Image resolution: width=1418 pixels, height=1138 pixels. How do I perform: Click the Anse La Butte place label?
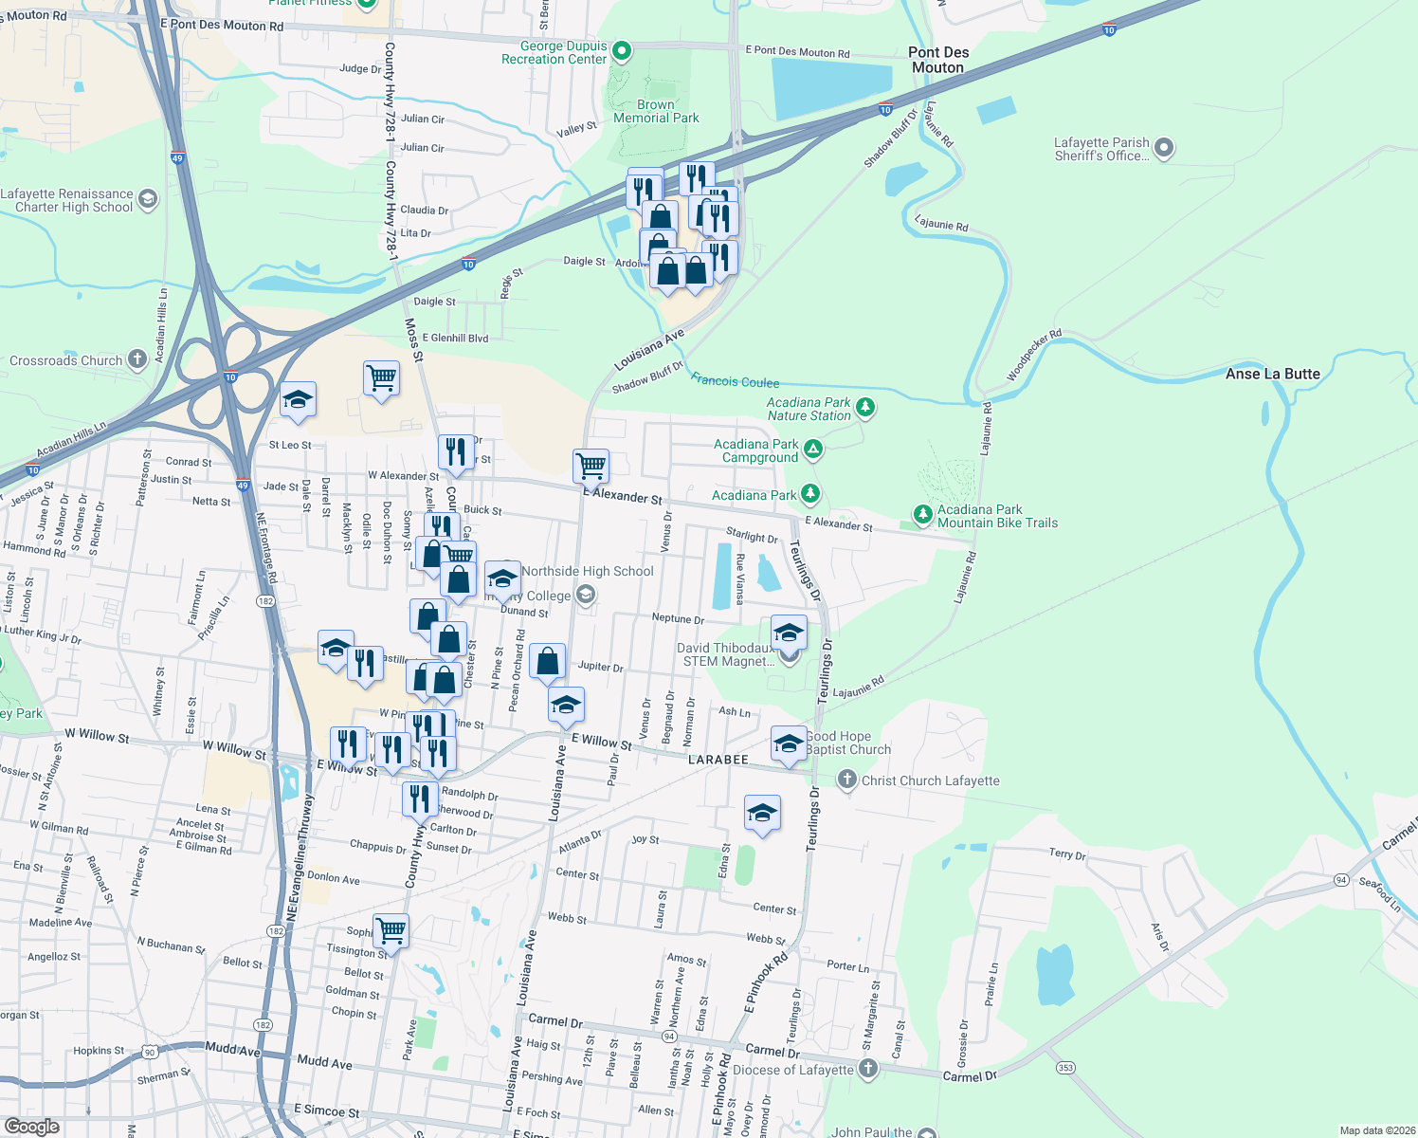point(1272,374)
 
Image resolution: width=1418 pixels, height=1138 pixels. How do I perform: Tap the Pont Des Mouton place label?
point(937,60)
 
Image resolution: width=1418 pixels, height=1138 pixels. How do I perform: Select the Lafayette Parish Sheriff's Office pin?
point(1165,148)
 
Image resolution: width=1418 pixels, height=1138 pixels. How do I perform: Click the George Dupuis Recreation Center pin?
point(622,50)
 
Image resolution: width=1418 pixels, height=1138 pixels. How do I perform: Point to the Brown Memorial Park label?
point(656,112)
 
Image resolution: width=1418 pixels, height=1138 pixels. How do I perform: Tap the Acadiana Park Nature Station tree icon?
point(864,408)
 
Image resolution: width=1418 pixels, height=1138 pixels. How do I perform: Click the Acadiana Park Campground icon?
point(812,450)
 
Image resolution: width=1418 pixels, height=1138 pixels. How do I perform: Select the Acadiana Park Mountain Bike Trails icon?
point(922,514)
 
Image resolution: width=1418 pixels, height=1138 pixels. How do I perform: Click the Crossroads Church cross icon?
point(137,358)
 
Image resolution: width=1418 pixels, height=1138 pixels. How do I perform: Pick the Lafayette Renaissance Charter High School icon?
point(147,198)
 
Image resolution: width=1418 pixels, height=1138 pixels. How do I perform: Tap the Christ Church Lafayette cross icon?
point(846,780)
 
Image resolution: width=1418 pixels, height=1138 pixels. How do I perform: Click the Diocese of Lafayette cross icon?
point(867,1069)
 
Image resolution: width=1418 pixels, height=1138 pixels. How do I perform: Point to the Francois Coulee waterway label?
point(735,381)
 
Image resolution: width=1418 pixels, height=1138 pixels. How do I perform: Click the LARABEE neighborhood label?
point(718,760)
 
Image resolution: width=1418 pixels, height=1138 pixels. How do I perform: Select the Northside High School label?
point(587,571)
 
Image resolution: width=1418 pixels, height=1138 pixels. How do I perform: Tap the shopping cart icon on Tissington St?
point(391,930)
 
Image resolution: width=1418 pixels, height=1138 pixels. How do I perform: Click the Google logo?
point(31,1127)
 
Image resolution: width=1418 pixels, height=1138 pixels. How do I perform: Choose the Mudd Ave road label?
point(324,1062)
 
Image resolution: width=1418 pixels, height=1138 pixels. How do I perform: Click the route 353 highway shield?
point(1066,1068)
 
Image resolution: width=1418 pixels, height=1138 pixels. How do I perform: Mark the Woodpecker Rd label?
point(1034,356)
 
